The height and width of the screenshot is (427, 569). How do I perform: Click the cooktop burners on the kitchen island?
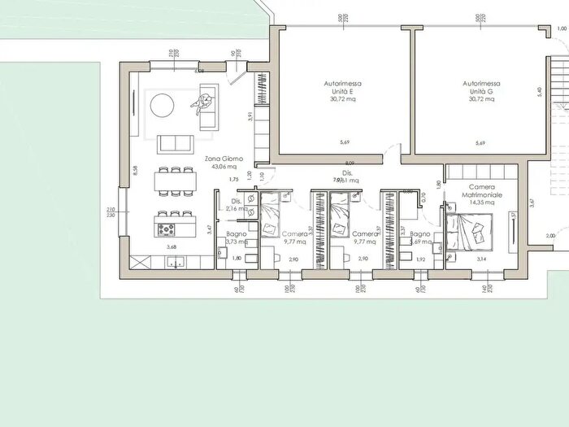click(x=172, y=230)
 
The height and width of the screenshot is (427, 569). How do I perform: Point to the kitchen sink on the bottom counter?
click(x=176, y=261)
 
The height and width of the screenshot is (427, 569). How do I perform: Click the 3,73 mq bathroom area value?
click(x=236, y=242)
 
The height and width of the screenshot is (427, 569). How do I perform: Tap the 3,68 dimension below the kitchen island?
click(x=172, y=246)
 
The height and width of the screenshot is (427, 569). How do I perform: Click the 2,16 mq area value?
click(x=236, y=208)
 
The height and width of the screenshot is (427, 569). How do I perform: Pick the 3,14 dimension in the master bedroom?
click(x=481, y=259)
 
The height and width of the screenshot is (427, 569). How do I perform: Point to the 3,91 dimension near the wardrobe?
click(x=250, y=116)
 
